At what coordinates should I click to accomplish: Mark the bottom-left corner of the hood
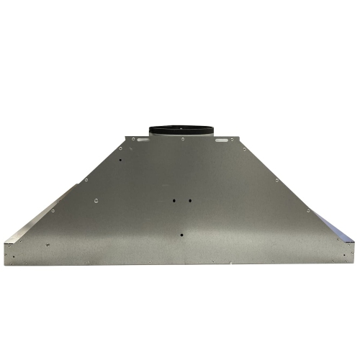pos(6,264)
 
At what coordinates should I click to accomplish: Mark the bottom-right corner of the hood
pos(354,264)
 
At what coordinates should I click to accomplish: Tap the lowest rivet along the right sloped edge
pos(309,211)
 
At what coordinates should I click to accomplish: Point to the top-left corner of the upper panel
pos(125,135)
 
